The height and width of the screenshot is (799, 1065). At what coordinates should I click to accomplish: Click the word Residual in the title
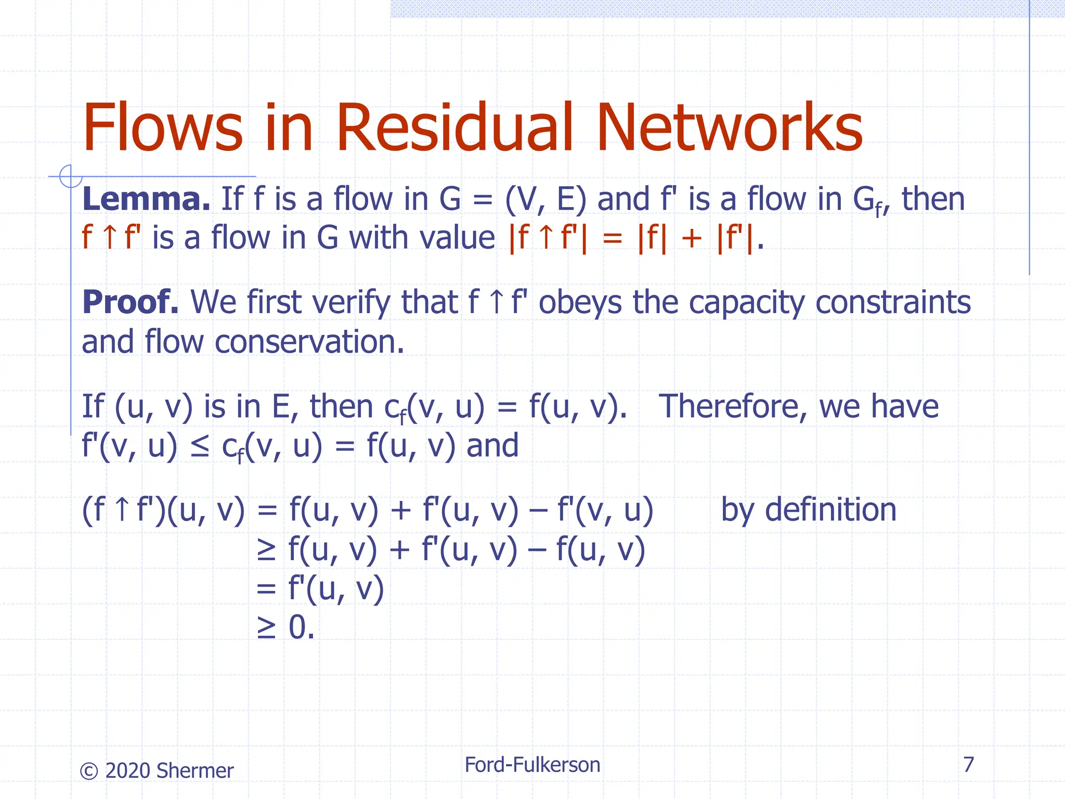click(454, 128)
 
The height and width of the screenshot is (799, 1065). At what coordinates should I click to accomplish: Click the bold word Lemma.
click(146, 199)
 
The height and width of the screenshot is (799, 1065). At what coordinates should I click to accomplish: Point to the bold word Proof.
click(130, 302)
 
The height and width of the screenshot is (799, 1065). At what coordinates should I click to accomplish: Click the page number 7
click(968, 765)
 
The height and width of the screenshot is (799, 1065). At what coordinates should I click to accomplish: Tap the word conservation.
click(309, 342)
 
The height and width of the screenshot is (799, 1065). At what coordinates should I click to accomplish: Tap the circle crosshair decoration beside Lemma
click(70, 176)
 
